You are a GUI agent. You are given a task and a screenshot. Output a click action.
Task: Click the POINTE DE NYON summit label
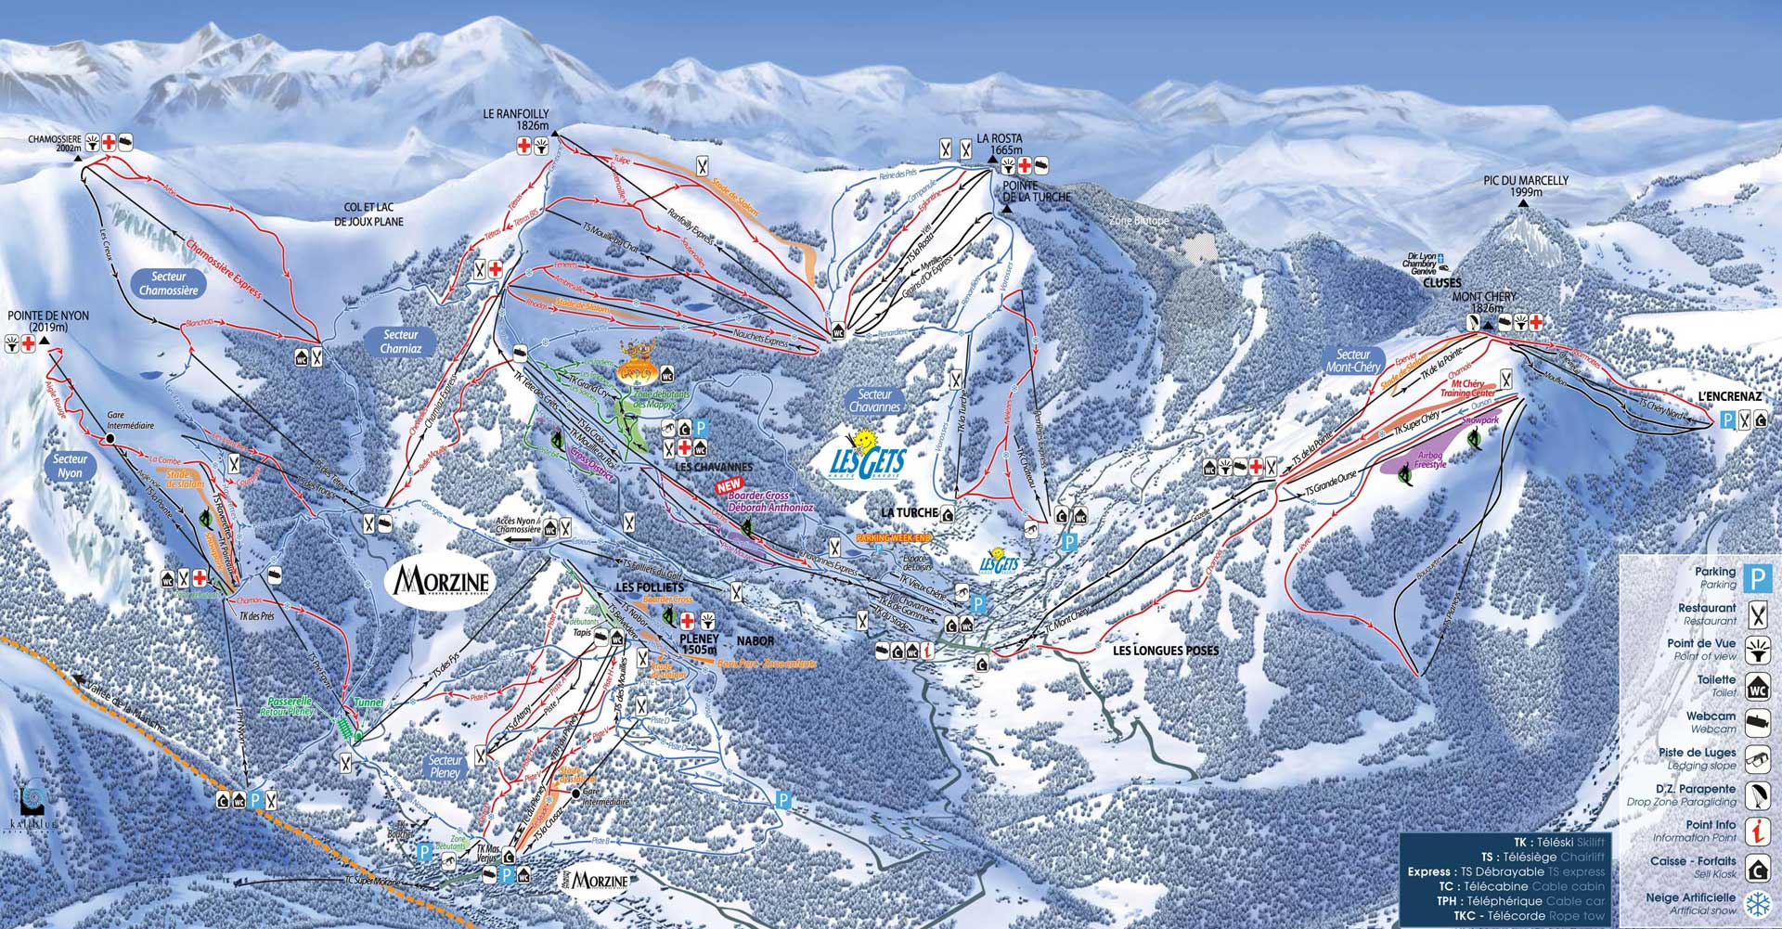48,321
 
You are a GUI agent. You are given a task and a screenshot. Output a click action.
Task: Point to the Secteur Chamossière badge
169,283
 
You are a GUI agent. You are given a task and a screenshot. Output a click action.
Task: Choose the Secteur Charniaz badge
401,342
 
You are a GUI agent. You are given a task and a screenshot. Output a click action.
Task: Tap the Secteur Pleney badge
445,767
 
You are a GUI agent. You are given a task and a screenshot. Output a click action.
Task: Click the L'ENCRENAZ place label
1730,396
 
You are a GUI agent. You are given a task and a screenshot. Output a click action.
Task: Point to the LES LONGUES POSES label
1166,651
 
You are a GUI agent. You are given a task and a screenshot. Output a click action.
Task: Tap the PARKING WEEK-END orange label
892,537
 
